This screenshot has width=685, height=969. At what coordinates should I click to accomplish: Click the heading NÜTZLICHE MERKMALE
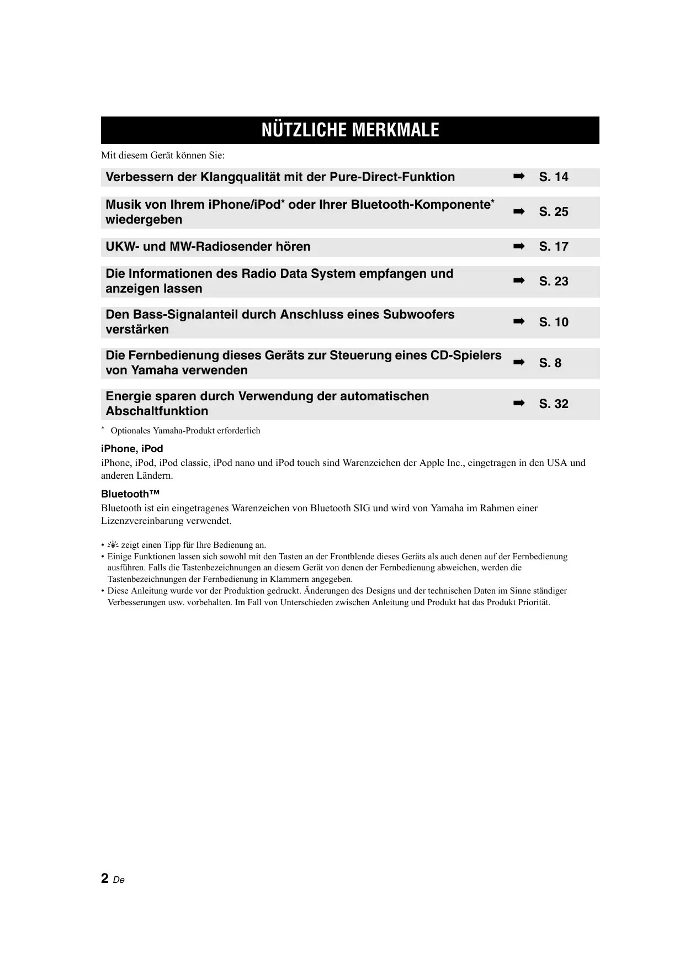(x=350, y=130)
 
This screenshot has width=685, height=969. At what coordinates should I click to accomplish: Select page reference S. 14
(x=553, y=177)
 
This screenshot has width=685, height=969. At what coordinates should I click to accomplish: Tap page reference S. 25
(x=553, y=212)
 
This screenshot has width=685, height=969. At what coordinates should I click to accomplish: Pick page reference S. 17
(x=553, y=247)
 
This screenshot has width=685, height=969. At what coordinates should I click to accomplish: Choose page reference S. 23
(x=553, y=282)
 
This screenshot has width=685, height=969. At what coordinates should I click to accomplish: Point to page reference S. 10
(x=553, y=322)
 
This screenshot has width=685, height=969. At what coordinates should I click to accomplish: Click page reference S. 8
(x=550, y=363)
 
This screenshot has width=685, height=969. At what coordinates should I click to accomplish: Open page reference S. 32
(x=553, y=404)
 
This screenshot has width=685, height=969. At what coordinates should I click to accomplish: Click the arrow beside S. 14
(x=518, y=177)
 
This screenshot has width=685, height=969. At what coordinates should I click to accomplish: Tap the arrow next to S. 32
(x=518, y=404)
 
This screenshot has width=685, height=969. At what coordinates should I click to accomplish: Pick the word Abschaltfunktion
(x=157, y=411)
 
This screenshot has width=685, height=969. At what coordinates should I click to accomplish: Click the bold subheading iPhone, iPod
(x=132, y=449)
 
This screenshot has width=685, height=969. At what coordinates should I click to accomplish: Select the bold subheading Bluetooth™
(x=130, y=494)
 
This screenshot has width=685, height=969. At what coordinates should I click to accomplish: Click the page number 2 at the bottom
(x=105, y=878)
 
